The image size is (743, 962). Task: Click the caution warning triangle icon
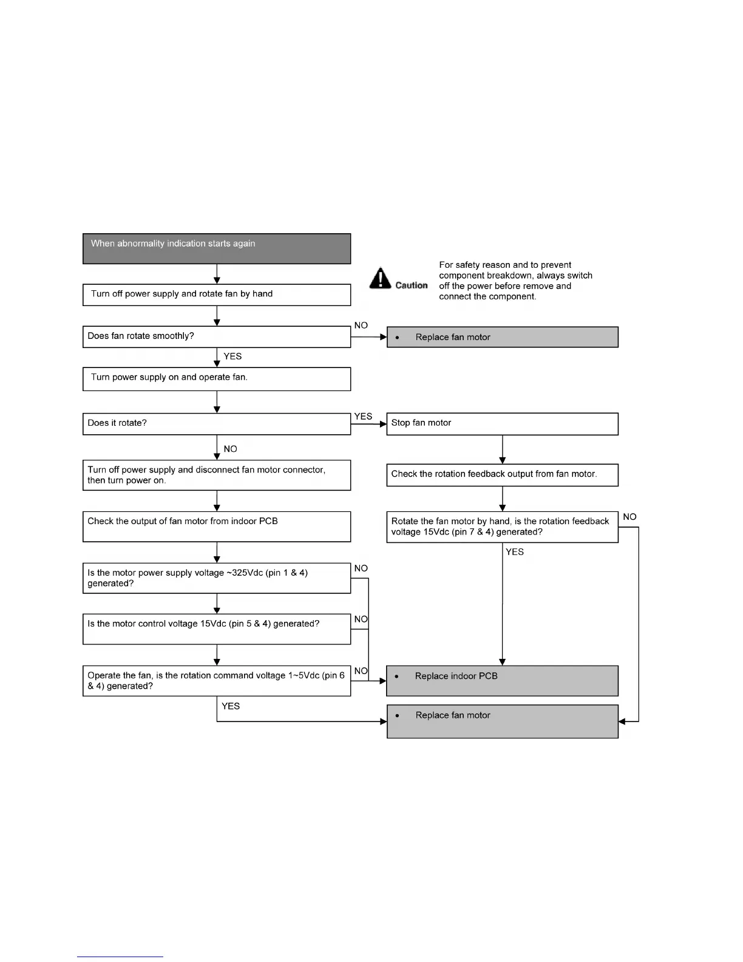[380, 278]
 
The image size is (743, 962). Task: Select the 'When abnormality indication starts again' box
[217, 248]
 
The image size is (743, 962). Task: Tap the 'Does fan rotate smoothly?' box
[217, 337]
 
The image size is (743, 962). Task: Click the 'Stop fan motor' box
[502, 424]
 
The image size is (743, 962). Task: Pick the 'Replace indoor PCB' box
[502, 681]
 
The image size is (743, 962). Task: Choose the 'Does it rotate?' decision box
[217, 424]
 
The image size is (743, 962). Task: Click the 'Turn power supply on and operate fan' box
[217, 379]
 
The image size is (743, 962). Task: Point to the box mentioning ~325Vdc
[217, 578]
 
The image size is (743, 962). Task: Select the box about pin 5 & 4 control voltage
[217, 629]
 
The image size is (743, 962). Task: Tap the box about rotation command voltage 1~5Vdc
[217, 681]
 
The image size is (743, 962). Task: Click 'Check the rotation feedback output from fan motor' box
[502, 475]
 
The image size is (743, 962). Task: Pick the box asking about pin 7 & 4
[502, 527]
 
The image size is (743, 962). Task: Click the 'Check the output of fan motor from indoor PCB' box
[217, 527]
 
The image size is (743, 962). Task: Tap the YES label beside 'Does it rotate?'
[363, 417]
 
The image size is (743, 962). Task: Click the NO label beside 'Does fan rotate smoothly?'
[361, 326]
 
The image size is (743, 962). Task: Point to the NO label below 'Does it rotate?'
[230, 449]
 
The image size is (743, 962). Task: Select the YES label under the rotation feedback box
[515, 552]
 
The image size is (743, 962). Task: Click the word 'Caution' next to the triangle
[412, 285]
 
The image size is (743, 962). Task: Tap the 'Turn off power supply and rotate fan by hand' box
[217, 295]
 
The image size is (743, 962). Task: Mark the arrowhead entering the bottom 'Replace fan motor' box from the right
[622, 722]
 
